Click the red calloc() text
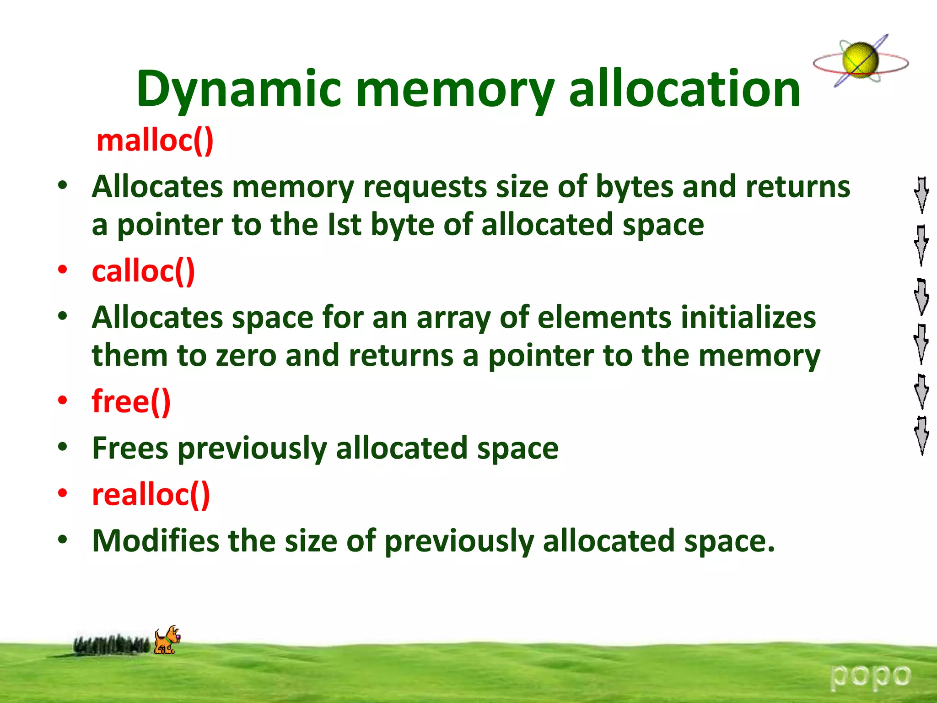tap(144, 271)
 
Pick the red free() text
tap(131, 401)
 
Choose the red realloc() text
tap(151, 494)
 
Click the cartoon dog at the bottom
tap(167, 640)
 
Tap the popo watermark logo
tap(871, 676)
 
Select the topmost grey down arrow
tap(921, 195)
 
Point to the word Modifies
tap(156, 541)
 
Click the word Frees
tap(130, 448)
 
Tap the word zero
tap(246, 356)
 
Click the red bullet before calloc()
tap(63, 270)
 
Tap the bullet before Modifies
tap(63, 540)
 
